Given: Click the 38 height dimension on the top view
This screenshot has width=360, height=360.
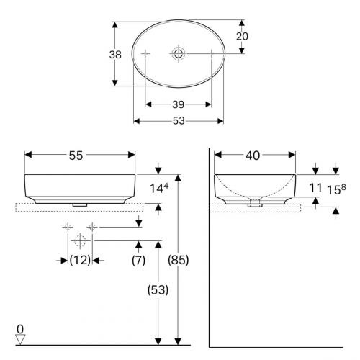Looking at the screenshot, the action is point(115,55).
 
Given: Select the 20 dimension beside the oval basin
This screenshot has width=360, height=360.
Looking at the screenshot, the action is point(242,36).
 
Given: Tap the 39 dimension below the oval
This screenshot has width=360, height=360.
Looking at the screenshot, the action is point(179,104).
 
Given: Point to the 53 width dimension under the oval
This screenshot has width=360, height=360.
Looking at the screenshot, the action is point(179,121).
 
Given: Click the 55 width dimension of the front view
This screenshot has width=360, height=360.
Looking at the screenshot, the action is point(76,156).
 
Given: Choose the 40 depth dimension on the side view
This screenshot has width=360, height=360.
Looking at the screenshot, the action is point(253,156).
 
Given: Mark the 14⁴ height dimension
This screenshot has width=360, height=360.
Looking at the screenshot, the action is point(159,188).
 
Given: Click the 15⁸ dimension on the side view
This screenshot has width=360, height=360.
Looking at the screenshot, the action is point(336,189).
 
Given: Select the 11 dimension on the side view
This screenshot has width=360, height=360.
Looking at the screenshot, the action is point(315,188).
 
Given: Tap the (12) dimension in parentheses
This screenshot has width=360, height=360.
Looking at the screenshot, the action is point(80,260).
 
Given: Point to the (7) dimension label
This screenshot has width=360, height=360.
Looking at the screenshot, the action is point(138,260).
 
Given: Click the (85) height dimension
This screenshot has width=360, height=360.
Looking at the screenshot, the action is point(179,260).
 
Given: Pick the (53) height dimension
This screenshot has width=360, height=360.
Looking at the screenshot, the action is point(158,290).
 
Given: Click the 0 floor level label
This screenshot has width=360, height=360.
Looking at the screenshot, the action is point(20,329).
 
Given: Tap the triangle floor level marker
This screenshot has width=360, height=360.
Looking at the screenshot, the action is point(20,339).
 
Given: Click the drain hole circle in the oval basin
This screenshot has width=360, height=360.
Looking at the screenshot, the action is point(179,53).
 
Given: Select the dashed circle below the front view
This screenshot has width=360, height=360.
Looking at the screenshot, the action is point(80,240).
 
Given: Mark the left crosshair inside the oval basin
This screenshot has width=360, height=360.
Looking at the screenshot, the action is point(145,53).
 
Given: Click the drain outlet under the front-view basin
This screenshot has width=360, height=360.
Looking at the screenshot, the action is point(80,204).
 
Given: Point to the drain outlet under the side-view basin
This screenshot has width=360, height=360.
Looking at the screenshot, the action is point(255,205).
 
